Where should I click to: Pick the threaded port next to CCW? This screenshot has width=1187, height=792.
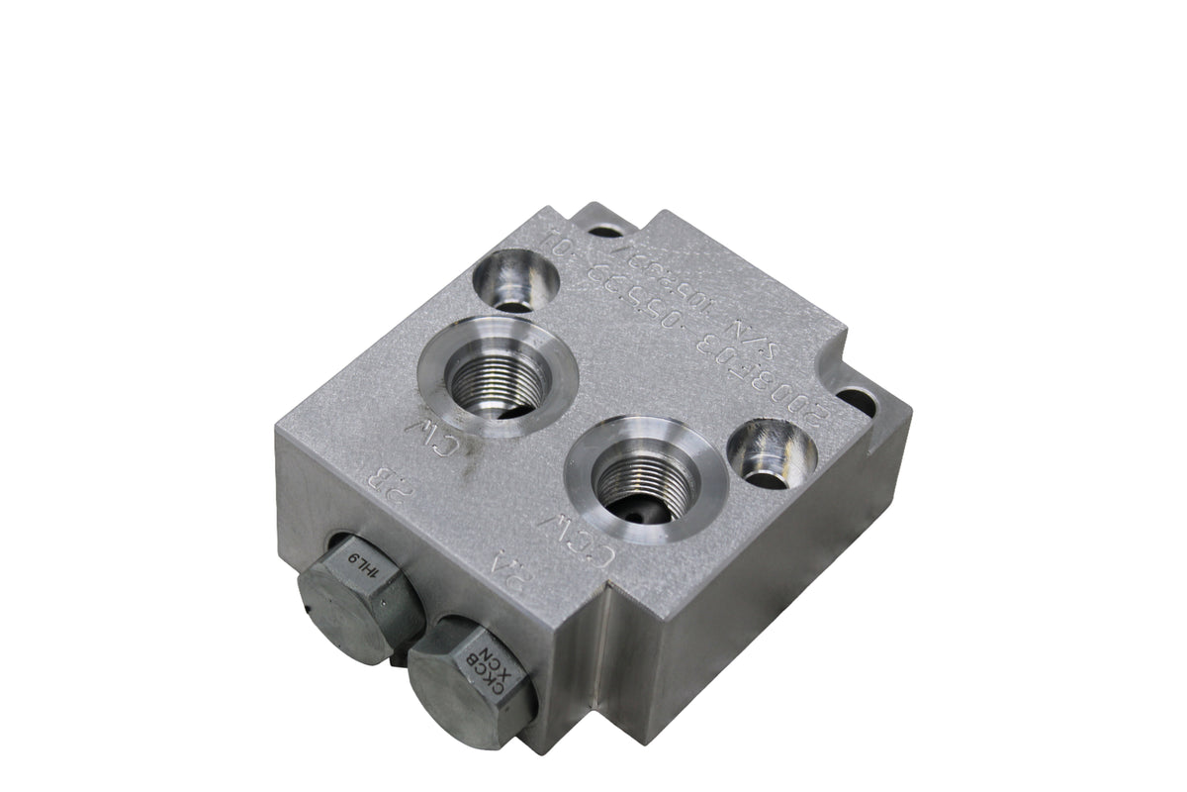(x=646, y=478)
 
